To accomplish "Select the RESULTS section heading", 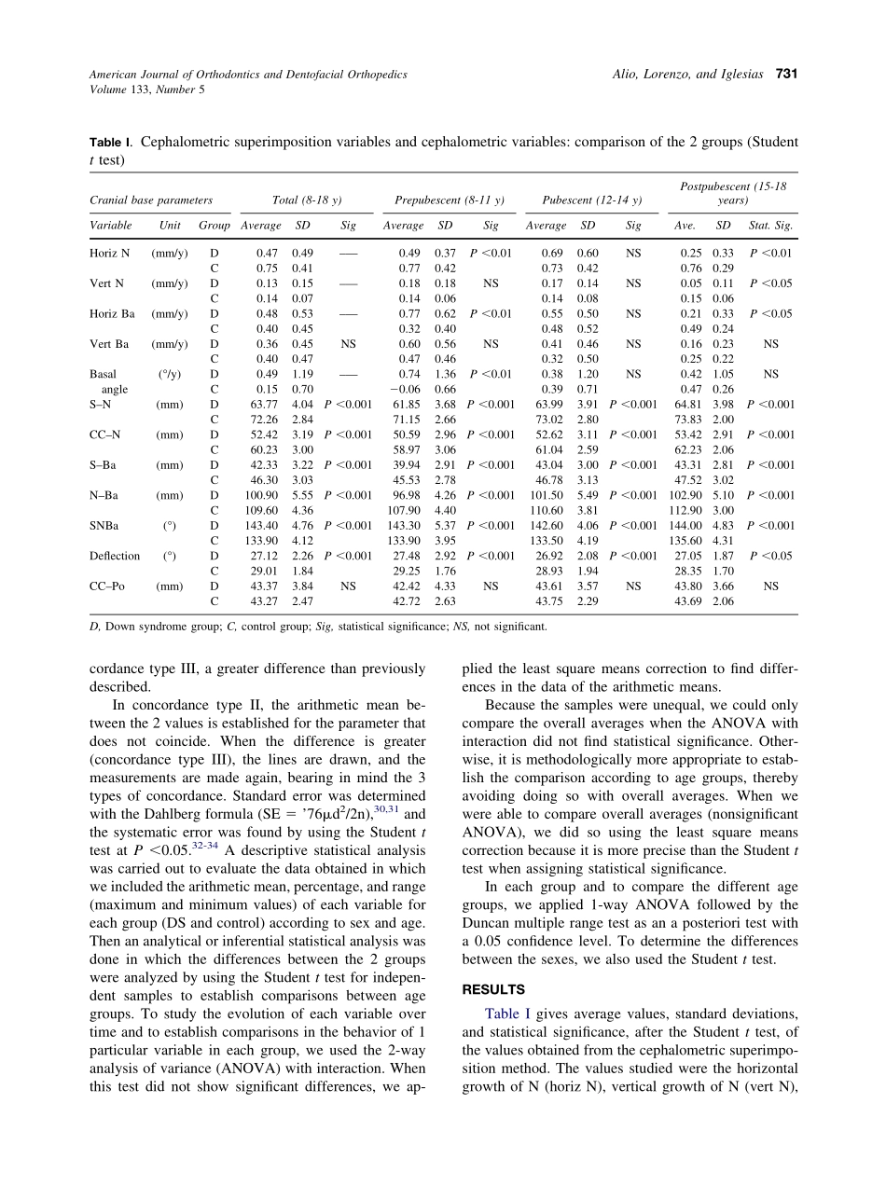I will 493,989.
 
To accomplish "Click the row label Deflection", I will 115,556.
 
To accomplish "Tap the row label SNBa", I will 105,525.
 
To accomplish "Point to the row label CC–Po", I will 107,586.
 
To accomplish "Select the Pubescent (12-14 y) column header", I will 584,200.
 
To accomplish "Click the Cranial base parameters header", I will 151,200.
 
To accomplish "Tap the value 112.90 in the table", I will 686,510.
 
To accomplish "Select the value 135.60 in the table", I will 686,541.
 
